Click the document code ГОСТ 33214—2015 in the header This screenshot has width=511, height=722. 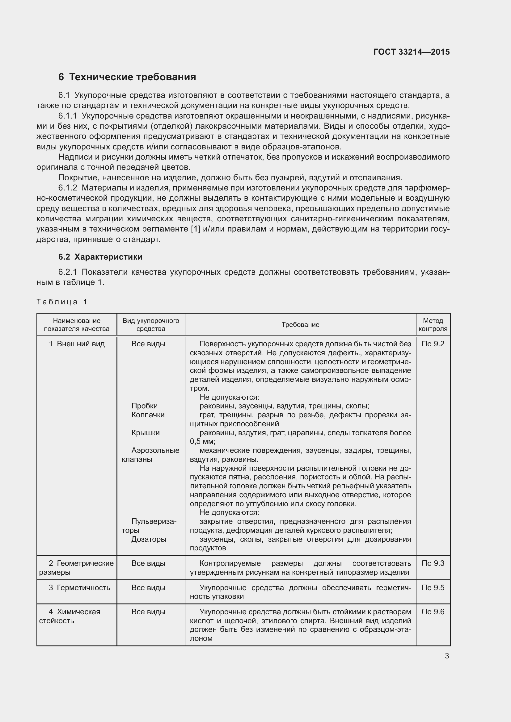coord(411,52)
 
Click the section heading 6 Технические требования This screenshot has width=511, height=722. coord(127,77)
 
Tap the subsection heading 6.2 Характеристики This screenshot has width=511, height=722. coord(100,257)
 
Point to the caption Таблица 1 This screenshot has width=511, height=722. coord(62,302)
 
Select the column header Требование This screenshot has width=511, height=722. coord(300,325)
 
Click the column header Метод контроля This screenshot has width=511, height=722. coord(433,325)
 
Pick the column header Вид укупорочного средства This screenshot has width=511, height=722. coord(151,325)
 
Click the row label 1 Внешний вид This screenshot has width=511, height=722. coord(77,344)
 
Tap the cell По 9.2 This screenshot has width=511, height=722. coord(433,344)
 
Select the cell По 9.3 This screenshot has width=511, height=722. coord(433,563)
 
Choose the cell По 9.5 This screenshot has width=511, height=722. coord(433,588)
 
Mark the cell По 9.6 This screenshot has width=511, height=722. coord(433,612)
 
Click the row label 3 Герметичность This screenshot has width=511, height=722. coord(79,588)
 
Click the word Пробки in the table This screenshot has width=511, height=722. coord(144,406)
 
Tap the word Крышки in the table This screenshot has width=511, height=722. coord(146,433)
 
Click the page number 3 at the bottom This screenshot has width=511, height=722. coord(447,656)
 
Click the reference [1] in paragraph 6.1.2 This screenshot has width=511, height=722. coord(195,229)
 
